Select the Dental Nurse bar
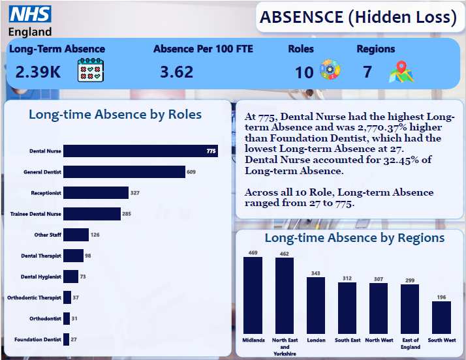[x=140, y=151]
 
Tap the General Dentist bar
[x=124, y=172]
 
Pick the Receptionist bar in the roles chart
[x=96, y=193]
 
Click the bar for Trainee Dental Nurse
[x=92, y=214]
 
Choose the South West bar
[x=441, y=318]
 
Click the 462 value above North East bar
[x=285, y=253]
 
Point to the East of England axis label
[x=410, y=344]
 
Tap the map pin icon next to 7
[x=401, y=72]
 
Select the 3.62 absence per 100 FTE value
[x=176, y=71]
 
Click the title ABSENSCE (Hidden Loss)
[x=358, y=18]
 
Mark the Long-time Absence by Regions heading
[x=355, y=238]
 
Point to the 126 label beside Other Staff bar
[x=95, y=235]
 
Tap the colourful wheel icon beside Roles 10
[x=328, y=70]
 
